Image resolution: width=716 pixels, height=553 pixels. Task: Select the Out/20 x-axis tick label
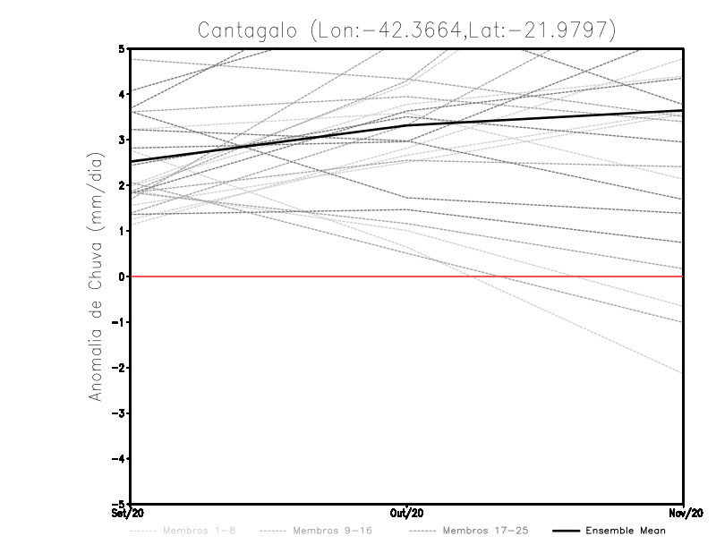(x=406, y=513)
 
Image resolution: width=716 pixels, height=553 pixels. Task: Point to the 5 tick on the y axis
(x=121, y=48)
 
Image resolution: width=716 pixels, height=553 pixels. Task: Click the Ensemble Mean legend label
(x=625, y=531)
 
